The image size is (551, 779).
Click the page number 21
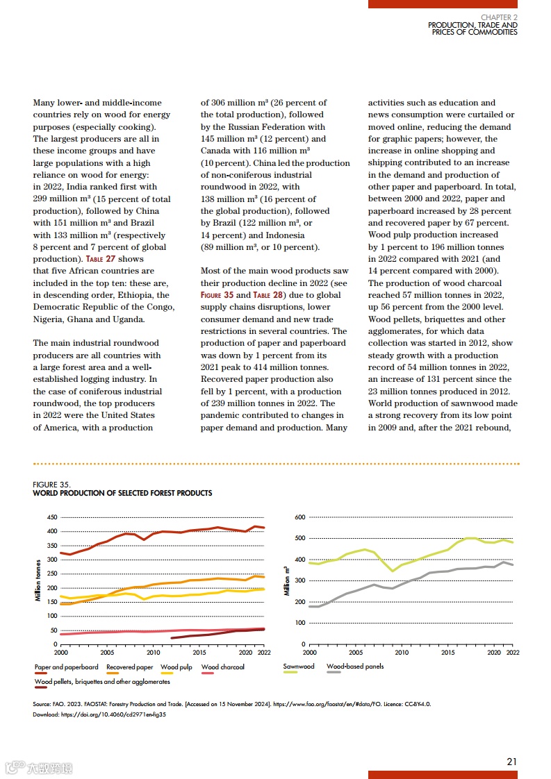511,762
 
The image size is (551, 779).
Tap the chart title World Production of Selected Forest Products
122,493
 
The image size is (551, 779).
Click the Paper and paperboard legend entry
66,667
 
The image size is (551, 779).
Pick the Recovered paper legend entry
129,667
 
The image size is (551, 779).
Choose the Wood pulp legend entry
176,667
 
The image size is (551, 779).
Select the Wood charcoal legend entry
222,667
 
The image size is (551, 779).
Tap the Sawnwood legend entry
299,667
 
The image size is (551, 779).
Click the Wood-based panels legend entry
354,667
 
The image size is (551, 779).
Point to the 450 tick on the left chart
52,517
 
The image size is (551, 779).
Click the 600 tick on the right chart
300,517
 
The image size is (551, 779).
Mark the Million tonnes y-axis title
38,580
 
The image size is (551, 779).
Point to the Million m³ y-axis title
286,580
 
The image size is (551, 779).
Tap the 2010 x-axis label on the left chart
154,653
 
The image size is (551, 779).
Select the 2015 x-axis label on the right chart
448,653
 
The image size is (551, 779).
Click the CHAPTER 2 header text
499,17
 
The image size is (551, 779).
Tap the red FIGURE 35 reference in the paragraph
217,295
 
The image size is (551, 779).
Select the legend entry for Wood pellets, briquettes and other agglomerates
102,682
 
